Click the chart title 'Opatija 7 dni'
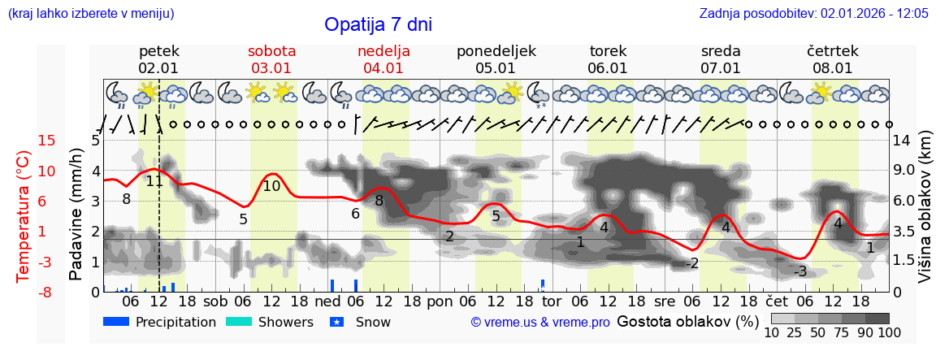coord(378,24)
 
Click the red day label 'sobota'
coord(271,51)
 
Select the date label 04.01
coord(383,68)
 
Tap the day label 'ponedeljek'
coord(496,51)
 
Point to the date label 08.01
coord(833,68)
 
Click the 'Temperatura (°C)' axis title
coord(24,216)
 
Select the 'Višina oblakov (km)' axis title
coord(925,216)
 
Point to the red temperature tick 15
coord(24,141)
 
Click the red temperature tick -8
coord(24,292)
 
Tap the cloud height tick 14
coord(901,141)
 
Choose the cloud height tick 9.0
coord(904,171)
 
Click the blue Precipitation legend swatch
coord(116,322)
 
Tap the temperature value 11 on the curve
coord(154,181)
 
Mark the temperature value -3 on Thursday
coord(800,271)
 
